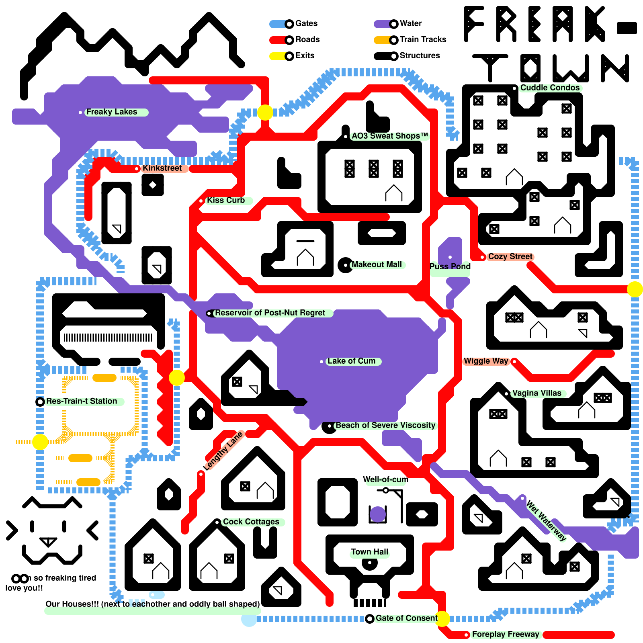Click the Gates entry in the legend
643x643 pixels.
coord(306,24)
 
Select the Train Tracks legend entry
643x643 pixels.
coord(422,39)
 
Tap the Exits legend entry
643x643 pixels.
coord(304,55)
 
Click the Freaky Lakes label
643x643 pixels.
coord(112,112)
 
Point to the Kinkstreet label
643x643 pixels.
coord(162,168)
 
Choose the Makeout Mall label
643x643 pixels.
coord(376,264)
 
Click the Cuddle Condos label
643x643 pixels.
coord(550,88)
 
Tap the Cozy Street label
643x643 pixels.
coord(510,256)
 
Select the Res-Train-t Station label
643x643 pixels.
coord(82,401)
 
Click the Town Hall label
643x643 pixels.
coord(369,552)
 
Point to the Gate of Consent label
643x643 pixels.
coord(406,618)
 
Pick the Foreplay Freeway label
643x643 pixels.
coord(505,634)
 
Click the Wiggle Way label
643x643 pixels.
coord(486,361)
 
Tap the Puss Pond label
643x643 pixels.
coord(450,266)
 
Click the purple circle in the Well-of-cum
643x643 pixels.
coord(378,514)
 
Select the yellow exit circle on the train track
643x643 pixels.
coord(40,442)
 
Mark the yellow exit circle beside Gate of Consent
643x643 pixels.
coord(442,619)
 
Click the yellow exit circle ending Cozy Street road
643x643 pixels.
coord(635,289)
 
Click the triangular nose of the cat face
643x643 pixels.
coord(48,542)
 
